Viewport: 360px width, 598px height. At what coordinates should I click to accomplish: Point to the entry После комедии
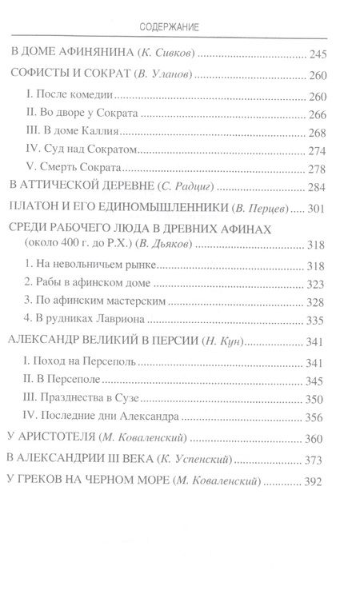tap(66, 97)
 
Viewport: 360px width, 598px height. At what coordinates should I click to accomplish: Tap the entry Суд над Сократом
tap(83, 150)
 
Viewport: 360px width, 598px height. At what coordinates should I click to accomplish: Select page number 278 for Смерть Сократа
tap(318, 169)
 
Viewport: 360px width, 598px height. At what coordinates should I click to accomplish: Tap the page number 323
tap(318, 284)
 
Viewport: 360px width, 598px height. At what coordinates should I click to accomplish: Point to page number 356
tap(318, 417)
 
